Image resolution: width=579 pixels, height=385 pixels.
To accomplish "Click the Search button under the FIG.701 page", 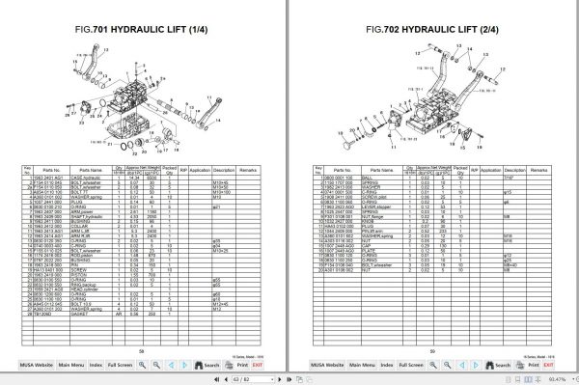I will click(207, 365).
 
